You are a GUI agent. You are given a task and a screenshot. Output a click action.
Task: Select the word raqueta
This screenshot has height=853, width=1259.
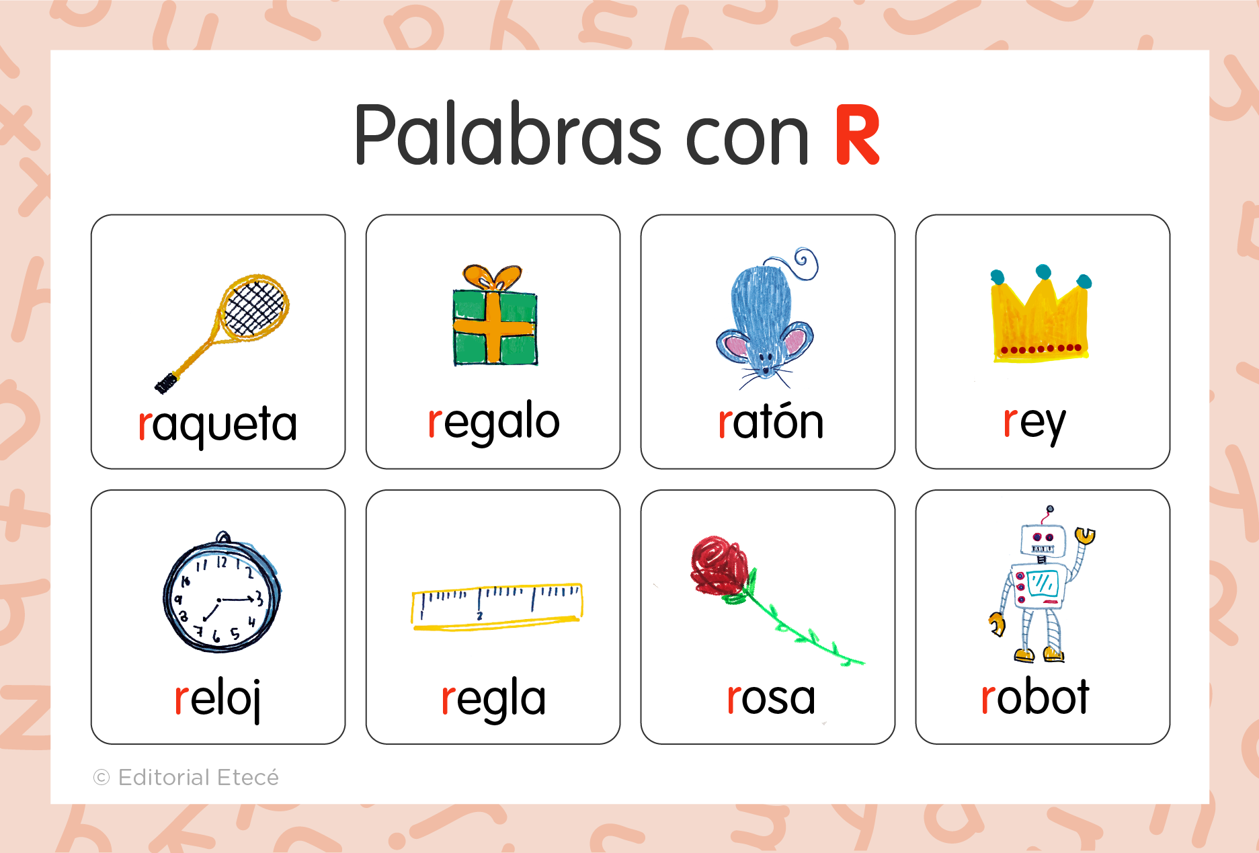tap(217, 424)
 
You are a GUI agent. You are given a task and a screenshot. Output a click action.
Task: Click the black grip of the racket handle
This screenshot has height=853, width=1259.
tap(166, 383)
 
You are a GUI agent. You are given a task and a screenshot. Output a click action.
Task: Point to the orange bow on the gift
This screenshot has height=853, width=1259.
tap(492, 276)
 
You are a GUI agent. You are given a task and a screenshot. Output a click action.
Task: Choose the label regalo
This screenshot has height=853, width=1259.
tap(493, 421)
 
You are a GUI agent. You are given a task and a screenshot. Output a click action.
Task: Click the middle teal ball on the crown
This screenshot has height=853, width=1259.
tap(1043, 272)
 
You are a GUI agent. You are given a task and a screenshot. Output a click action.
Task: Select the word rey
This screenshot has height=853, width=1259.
tap(1034, 423)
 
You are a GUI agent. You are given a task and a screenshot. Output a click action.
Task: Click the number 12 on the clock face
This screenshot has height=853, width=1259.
tap(222, 562)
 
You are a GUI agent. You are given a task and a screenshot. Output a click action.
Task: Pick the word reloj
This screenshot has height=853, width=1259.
tap(218, 698)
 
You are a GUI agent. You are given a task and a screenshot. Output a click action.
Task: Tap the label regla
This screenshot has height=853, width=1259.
tap(493, 698)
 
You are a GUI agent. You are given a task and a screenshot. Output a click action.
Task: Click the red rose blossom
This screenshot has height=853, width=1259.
tap(718, 565)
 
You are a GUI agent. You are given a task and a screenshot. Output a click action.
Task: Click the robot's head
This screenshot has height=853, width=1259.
tap(1043, 539)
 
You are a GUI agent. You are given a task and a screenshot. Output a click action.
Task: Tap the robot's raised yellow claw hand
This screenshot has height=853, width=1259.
tap(1085, 535)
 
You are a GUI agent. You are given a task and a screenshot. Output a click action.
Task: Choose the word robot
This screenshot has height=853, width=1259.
tap(1034, 697)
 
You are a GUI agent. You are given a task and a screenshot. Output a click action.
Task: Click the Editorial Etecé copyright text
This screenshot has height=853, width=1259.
tap(187, 778)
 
